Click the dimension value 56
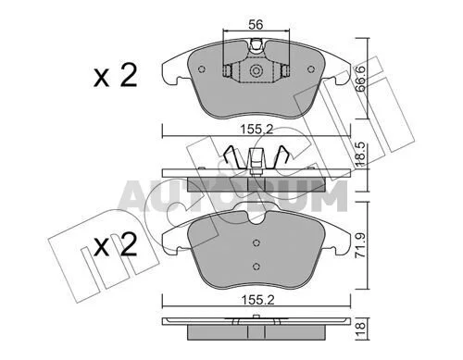coord(256,24)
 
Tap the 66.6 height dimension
coord(360,79)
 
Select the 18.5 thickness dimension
coord(360,154)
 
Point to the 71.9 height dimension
coord(360,245)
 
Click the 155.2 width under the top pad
coord(257,130)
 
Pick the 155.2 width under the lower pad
coord(257,300)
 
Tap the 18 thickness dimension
coord(360,329)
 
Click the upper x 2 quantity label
coord(116,76)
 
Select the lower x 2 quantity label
coord(116,245)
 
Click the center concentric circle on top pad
coord(256,70)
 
